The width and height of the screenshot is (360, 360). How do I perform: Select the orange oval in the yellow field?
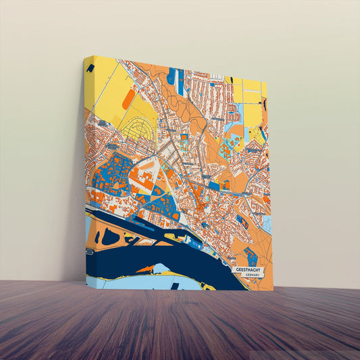tap(129, 99)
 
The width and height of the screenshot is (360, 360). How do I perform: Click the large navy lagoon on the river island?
tap(109, 236)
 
